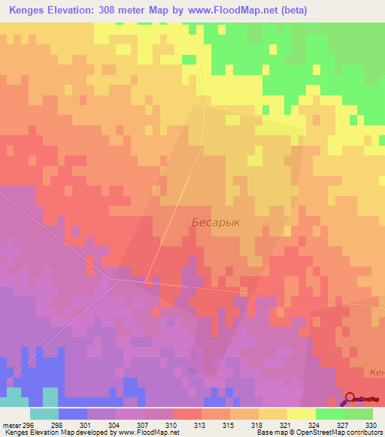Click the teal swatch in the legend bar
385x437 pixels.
(44, 414)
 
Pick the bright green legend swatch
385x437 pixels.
(329, 414)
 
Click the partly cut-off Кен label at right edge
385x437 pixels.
(377, 372)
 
